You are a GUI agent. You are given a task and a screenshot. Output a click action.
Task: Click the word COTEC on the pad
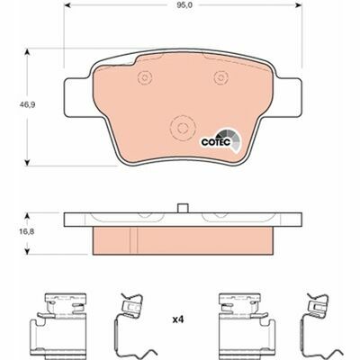[x=215, y=142]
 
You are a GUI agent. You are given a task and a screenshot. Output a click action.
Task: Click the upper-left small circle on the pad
[x=145, y=77]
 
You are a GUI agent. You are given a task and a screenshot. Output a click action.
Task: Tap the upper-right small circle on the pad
[x=221, y=77]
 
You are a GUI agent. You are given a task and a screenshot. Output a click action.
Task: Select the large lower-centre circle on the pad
[x=182, y=128]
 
